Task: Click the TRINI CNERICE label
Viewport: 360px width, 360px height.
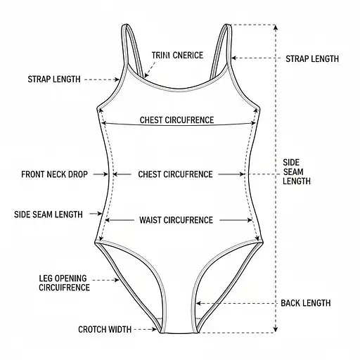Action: [x=177, y=56]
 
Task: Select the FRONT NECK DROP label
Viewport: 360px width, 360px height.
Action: [x=54, y=174]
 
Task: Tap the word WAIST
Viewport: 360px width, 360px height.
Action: [x=150, y=220]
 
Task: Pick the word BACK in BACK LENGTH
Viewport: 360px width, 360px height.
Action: [x=290, y=303]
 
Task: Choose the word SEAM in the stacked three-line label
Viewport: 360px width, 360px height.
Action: [x=293, y=172]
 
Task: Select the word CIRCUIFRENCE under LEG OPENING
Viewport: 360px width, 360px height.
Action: [x=64, y=288]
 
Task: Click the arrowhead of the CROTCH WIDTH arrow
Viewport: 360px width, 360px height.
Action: [x=155, y=329]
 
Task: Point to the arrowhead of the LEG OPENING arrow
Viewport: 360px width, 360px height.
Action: [x=117, y=280]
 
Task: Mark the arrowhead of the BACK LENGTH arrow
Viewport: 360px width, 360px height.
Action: [x=198, y=303]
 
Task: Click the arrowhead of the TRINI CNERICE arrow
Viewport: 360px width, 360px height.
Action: [x=146, y=75]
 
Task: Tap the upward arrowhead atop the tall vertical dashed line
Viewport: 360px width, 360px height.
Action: [x=276, y=27]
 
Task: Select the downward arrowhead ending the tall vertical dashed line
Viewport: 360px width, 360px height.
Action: [x=276, y=329]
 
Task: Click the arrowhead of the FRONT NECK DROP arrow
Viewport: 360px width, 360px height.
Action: [x=105, y=174]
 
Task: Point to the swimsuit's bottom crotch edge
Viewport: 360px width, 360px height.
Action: [x=179, y=333]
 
